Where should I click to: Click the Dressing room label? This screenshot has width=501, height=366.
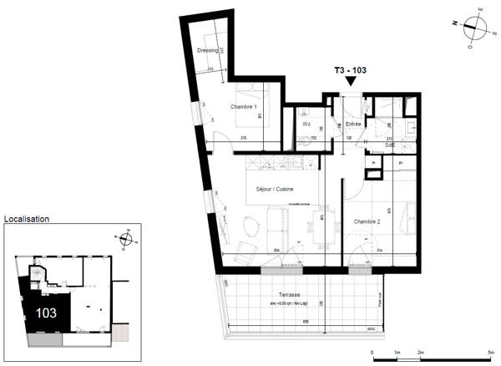coord(206,51)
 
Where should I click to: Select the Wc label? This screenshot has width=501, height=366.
coord(306,125)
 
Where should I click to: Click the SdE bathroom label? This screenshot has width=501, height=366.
coord(391,145)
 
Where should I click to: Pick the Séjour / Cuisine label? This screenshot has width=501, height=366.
coord(269,190)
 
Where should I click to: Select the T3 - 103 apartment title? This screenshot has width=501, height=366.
coord(351,71)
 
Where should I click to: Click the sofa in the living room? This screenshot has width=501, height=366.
coord(276,225)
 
